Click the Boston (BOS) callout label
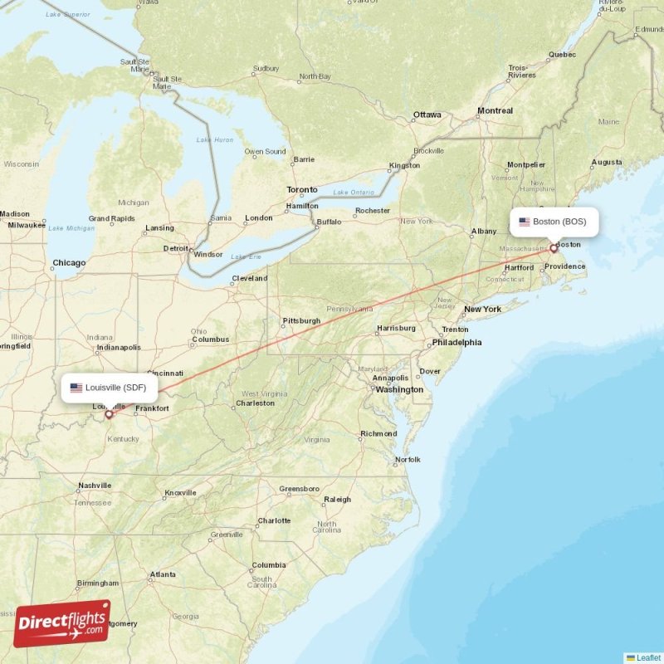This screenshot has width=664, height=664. [554, 222]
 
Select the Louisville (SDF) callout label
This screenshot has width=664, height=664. [110, 388]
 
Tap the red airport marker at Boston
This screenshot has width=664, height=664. [554, 247]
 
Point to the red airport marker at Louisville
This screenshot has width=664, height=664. [108, 413]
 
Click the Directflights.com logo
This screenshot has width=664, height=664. [61, 624]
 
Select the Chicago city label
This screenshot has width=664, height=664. [69, 263]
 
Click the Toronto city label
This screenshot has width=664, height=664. [302, 190]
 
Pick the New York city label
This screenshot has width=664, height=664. [482, 310]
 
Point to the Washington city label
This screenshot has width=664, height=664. [399, 389]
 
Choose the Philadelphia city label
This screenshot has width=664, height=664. [456, 342]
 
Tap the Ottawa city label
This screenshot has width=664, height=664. [427, 115]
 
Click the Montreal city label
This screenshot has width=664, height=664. [495, 110]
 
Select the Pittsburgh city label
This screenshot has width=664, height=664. [301, 320]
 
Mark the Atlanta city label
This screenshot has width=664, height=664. [163, 574]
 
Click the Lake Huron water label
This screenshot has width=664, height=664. [215, 139]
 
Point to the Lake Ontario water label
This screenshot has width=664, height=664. [353, 193]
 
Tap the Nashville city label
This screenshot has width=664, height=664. [95, 486]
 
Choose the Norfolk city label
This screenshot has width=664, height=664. [408, 459]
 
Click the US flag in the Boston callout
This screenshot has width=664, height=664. [525, 222]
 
